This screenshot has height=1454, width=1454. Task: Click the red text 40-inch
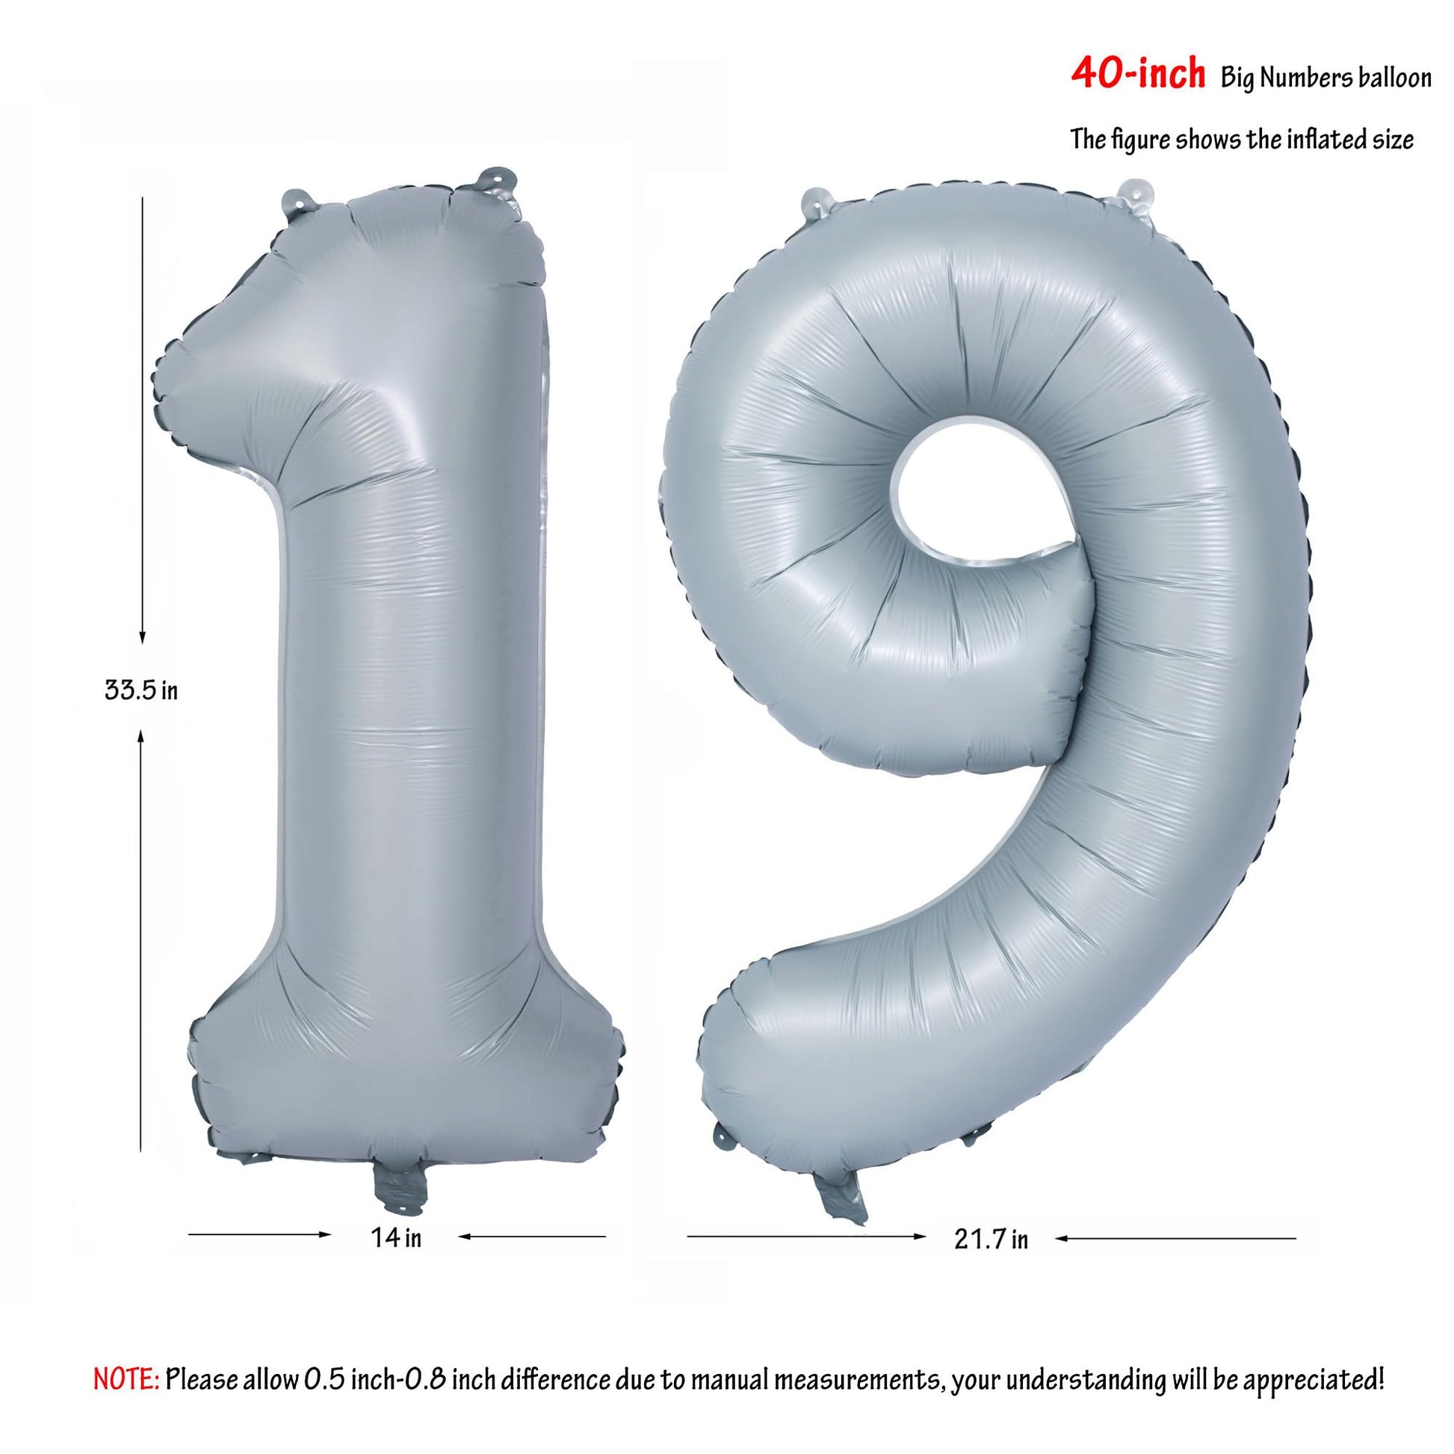[1137, 75]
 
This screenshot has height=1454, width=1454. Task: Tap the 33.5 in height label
[141, 690]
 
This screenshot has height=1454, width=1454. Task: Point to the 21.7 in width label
[991, 1238]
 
